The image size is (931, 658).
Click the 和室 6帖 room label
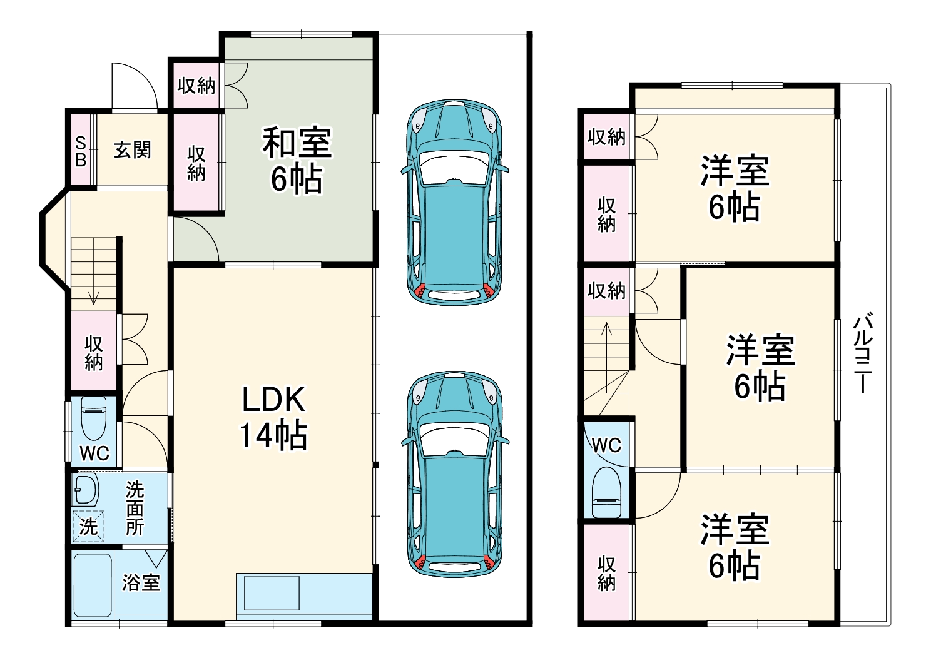pos(297,160)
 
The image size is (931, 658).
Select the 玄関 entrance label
pos(132,150)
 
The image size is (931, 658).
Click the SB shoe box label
pos(81,151)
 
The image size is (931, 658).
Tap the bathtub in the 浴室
pos(93,585)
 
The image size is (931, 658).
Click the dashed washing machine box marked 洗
pos(88,526)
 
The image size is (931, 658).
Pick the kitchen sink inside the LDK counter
pos(272,593)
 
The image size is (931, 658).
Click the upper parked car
pos(454,202)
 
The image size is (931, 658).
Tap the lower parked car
pos(454,473)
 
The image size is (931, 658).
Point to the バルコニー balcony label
pos(863,353)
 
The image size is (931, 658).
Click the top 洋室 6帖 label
pos(734,189)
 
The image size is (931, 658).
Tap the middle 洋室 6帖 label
pos(760,367)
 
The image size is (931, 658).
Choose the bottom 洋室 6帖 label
pos(734,547)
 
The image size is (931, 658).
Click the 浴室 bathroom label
pos(141,582)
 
